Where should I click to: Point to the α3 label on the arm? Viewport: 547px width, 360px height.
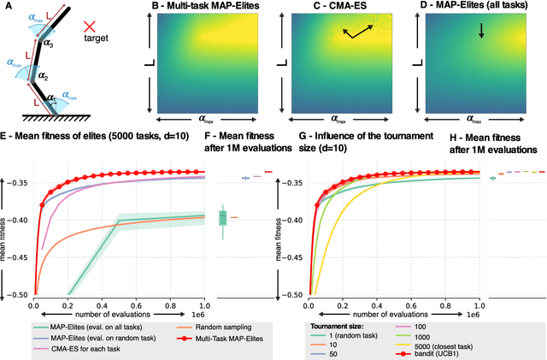coord(50,44)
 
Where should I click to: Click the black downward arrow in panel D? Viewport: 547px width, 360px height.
coord(481,32)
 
